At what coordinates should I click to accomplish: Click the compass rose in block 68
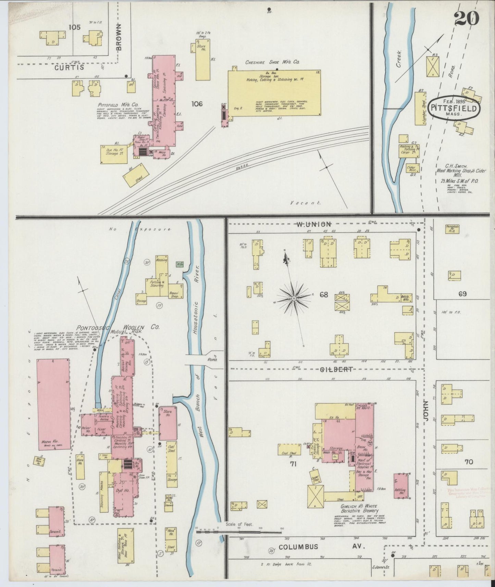coord(294,298)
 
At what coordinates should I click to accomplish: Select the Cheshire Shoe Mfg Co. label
coord(272,62)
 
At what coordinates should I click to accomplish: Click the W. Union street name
coord(313,224)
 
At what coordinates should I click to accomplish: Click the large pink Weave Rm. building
coord(53,404)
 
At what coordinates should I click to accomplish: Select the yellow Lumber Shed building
coord(420,109)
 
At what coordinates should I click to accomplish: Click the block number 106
coord(197,104)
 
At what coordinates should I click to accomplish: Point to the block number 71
coord(293,464)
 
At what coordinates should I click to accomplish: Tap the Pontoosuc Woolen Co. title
coord(118,327)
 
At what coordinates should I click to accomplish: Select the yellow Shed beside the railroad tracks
coord(136,175)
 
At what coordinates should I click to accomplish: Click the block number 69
coord(462,294)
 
